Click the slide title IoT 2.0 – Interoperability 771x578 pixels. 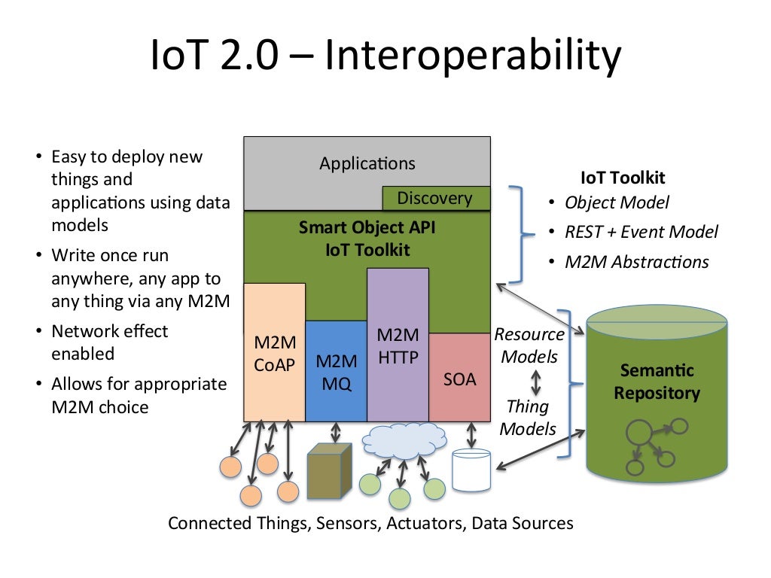tap(385, 58)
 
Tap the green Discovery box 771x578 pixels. tap(434, 199)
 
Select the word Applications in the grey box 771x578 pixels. tap(367, 163)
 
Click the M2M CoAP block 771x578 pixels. tap(274, 354)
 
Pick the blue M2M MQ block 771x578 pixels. tap(336, 372)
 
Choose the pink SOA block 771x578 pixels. tap(459, 379)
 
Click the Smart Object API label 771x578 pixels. tap(367, 227)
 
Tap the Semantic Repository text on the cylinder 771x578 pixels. tap(657, 382)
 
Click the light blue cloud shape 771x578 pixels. tap(399, 442)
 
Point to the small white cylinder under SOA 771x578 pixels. tap(471, 470)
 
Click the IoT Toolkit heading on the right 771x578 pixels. tap(623, 178)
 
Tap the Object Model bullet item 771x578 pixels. tap(617, 202)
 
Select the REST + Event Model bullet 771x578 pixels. tap(641, 232)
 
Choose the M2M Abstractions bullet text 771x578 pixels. tap(636, 262)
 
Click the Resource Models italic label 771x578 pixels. tap(529, 345)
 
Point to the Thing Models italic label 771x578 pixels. tap(528, 418)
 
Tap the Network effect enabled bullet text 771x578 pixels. tap(110, 342)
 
